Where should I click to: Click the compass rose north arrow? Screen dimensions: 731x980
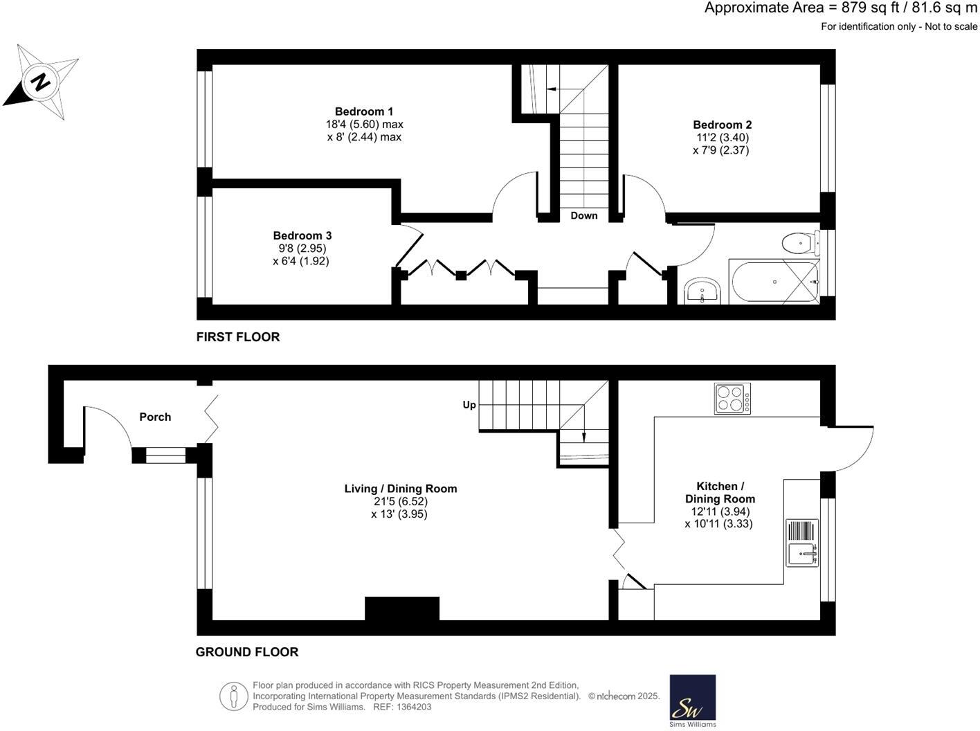tap(40, 82)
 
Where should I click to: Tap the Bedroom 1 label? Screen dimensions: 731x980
tap(364, 111)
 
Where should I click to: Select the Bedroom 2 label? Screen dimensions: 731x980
tap(722, 125)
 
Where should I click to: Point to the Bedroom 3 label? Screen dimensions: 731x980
tap(302, 235)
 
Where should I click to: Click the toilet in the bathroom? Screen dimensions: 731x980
tap(798, 243)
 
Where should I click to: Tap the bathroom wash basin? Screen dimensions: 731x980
tap(703, 291)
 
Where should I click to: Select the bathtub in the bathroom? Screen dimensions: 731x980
tap(774, 282)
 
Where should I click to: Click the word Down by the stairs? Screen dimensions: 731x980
tap(583, 215)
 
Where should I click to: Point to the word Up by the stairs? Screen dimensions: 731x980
tap(469, 405)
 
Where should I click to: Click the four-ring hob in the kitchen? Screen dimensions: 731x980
tap(732, 399)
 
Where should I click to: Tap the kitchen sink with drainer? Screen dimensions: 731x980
tap(802, 543)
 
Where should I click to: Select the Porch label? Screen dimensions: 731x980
tap(155, 417)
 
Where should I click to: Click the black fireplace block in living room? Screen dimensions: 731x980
tap(402, 608)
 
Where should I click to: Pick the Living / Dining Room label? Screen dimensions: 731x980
tap(401, 489)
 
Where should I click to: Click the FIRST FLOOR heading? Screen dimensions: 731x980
tap(238, 337)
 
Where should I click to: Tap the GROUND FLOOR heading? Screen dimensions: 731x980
tap(247, 652)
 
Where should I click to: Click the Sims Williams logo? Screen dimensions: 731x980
tap(692, 700)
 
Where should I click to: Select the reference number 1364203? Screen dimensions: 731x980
tap(412, 707)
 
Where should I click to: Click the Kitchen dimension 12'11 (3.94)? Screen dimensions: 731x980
tap(720, 512)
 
